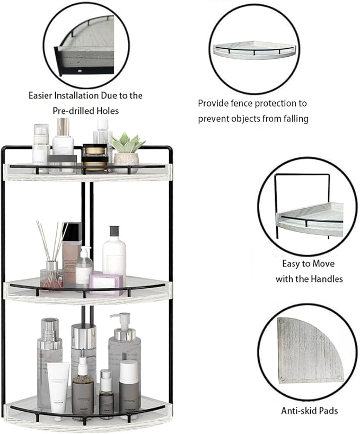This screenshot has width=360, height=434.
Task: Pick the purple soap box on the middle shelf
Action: tap(106, 283)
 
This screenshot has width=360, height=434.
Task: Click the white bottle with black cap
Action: tap(114, 252)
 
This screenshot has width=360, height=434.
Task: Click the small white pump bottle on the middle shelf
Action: tap(84, 266)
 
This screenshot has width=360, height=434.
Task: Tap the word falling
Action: tap(291, 118)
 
